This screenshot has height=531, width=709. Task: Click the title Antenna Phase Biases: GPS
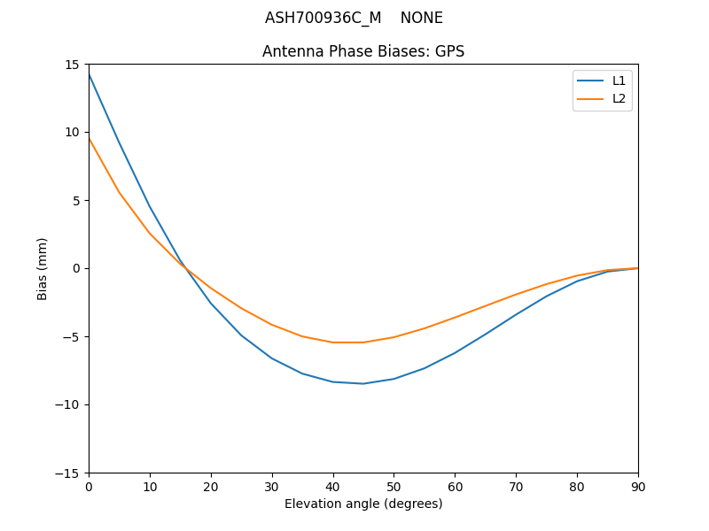pyautogui.click(x=363, y=51)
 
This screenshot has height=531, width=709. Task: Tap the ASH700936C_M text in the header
pyautogui.click(x=323, y=18)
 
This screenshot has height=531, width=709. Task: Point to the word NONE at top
pyautogui.click(x=421, y=18)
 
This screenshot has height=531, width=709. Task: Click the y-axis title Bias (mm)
pyautogui.click(x=43, y=268)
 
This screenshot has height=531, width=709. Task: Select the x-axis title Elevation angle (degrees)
pyautogui.click(x=363, y=504)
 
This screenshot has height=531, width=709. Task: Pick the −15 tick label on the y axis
pyautogui.click(x=69, y=473)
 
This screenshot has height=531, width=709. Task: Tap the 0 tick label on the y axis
pyautogui.click(x=76, y=268)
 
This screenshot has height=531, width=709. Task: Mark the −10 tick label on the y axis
pyautogui.click(x=69, y=404)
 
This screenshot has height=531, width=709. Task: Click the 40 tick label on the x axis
pyautogui.click(x=333, y=486)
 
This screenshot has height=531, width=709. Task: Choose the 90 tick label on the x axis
pyautogui.click(x=638, y=486)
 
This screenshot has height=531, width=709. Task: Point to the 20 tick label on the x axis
pyautogui.click(x=211, y=486)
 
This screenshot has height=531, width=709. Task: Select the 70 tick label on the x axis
pyautogui.click(x=516, y=486)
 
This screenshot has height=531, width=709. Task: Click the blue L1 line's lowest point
pyautogui.click(x=363, y=383)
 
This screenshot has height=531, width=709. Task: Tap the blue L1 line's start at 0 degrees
pyautogui.click(x=90, y=74)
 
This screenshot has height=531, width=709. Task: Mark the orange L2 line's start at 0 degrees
pyautogui.click(x=90, y=138)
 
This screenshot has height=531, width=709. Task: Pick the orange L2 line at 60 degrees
pyautogui.click(x=455, y=317)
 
